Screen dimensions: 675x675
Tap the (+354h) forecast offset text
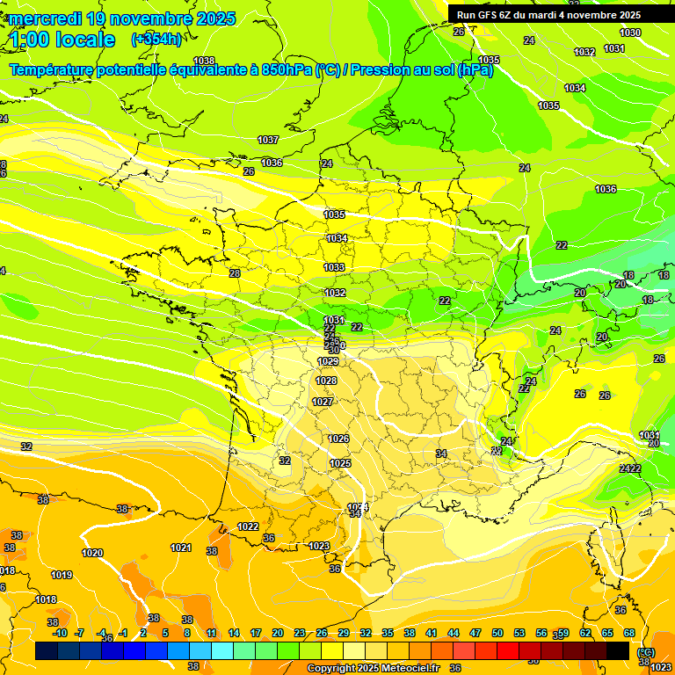(x=156, y=39)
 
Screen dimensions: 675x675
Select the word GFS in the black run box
(x=487, y=15)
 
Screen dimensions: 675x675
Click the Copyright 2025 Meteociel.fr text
(x=373, y=668)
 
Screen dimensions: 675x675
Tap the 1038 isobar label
(x=204, y=61)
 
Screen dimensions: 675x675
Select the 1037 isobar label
(x=268, y=140)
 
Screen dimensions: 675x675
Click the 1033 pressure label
(x=334, y=267)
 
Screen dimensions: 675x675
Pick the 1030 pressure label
(x=630, y=33)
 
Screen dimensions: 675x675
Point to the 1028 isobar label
(x=326, y=381)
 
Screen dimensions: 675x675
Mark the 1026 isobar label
(x=338, y=439)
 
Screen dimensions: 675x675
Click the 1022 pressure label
(x=248, y=526)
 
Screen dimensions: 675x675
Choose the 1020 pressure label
(x=92, y=553)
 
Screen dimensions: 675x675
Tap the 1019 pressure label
(x=62, y=575)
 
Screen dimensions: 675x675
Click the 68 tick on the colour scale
(x=629, y=633)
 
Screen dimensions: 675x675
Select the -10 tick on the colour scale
(x=60, y=633)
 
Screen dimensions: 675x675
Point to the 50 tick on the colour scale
(x=497, y=633)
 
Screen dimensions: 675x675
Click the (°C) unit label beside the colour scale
(x=646, y=651)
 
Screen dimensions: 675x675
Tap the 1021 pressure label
(x=181, y=548)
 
